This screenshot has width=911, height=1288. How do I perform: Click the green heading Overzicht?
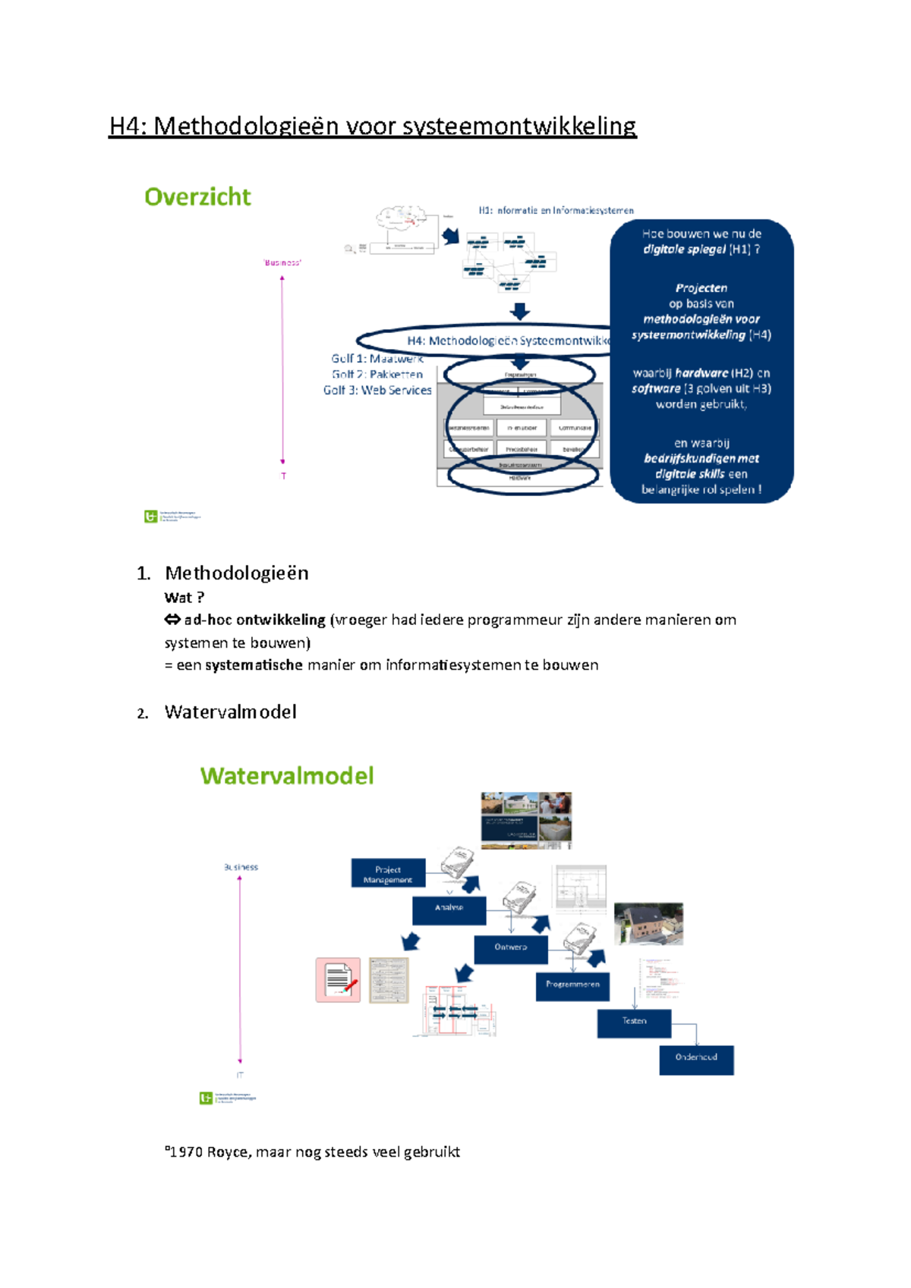pyautogui.click(x=197, y=197)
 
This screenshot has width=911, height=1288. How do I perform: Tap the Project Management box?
pyautogui.click(x=388, y=874)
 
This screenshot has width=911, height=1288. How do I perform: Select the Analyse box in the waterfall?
pyautogui.click(x=449, y=909)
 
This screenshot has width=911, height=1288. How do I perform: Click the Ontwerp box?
pyautogui.click(x=510, y=948)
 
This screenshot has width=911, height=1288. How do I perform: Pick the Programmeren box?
pyautogui.click(x=572, y=985)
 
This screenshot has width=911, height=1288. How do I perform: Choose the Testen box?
pyautogui.click(x=634, y=1022)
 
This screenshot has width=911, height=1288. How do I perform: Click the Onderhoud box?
pyautogui.click(x=696, y=1058)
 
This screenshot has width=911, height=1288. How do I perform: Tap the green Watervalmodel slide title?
pyautogui.click(x=287, y=776)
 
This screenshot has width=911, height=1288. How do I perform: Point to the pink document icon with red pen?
pyautogui.click(x=338, y=979)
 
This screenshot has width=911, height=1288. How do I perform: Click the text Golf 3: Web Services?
pyautogui.click(x=377, y=391)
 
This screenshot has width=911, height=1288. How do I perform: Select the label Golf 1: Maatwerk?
pyautogui.click(x=377, y=359)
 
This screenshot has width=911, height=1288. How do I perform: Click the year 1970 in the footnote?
pyautogui.click(x=186, y=1152)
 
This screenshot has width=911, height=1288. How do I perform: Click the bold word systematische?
pyautogui.click(x=254, y=665)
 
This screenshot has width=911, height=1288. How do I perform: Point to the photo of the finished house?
pyautogui.click(x=648, y=923)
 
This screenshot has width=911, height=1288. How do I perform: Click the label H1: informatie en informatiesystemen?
pyautogui.click(x=556, y=211)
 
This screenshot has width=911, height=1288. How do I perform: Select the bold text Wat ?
pyautogui.click(x=184, y=598)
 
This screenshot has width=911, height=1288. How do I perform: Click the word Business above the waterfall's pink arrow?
pyautogui.click(x=241, y=867)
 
